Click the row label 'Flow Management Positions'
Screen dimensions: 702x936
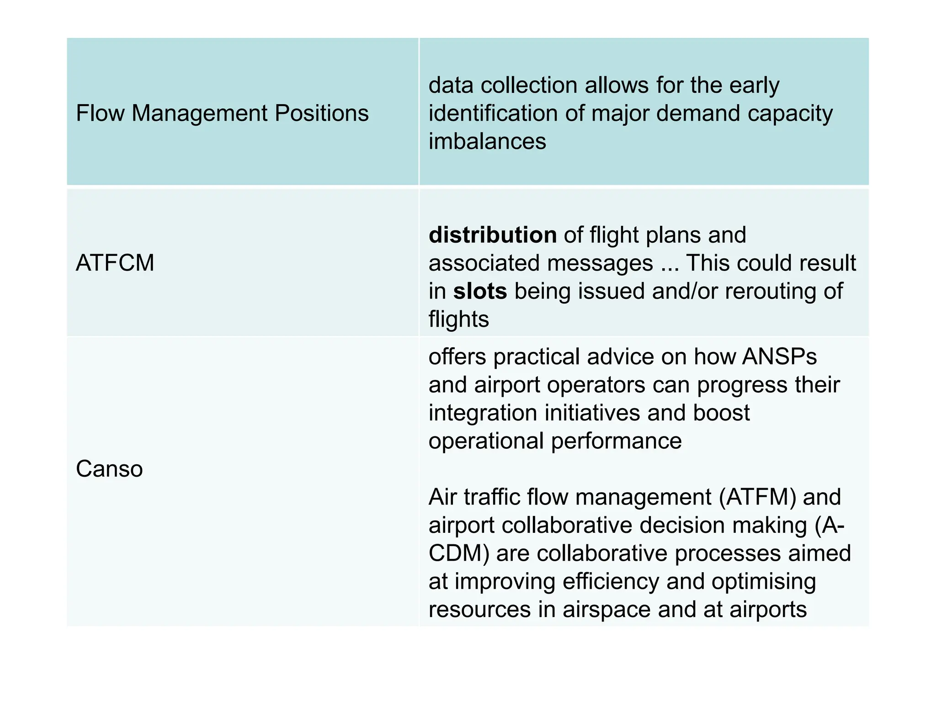point(222,113)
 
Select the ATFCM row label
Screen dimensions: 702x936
point(115,263)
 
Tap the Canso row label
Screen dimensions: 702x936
point(109,469)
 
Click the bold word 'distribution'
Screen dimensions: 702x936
point(493,235)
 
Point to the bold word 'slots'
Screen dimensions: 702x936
point(480,291)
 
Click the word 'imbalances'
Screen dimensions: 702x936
point(487,141)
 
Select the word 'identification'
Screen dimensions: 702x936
point(493,113)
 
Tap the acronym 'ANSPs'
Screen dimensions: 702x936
point(779,356)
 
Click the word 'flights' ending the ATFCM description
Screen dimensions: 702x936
point(458,319)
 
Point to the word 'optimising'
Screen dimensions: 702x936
point(763,581)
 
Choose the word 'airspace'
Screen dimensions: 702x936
point(606,610)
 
